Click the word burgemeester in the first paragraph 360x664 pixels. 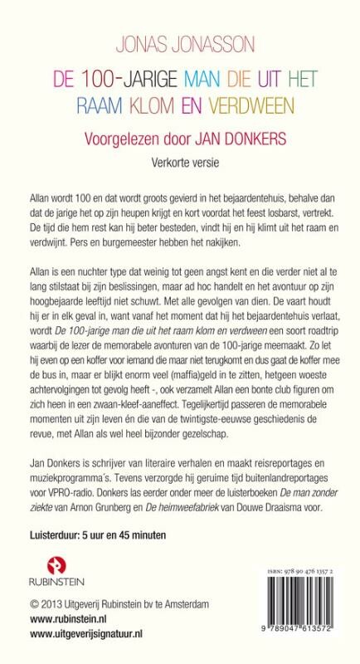(x=163, y=243)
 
